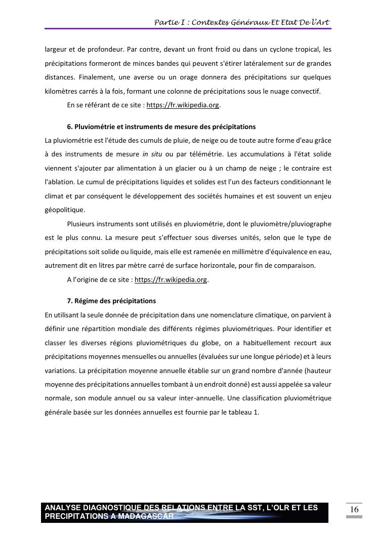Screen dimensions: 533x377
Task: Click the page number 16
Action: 354,509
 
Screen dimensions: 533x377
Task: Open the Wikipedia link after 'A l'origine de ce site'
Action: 171,279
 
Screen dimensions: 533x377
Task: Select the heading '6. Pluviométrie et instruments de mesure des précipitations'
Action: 161,127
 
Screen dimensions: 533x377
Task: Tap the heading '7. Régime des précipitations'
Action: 111,301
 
